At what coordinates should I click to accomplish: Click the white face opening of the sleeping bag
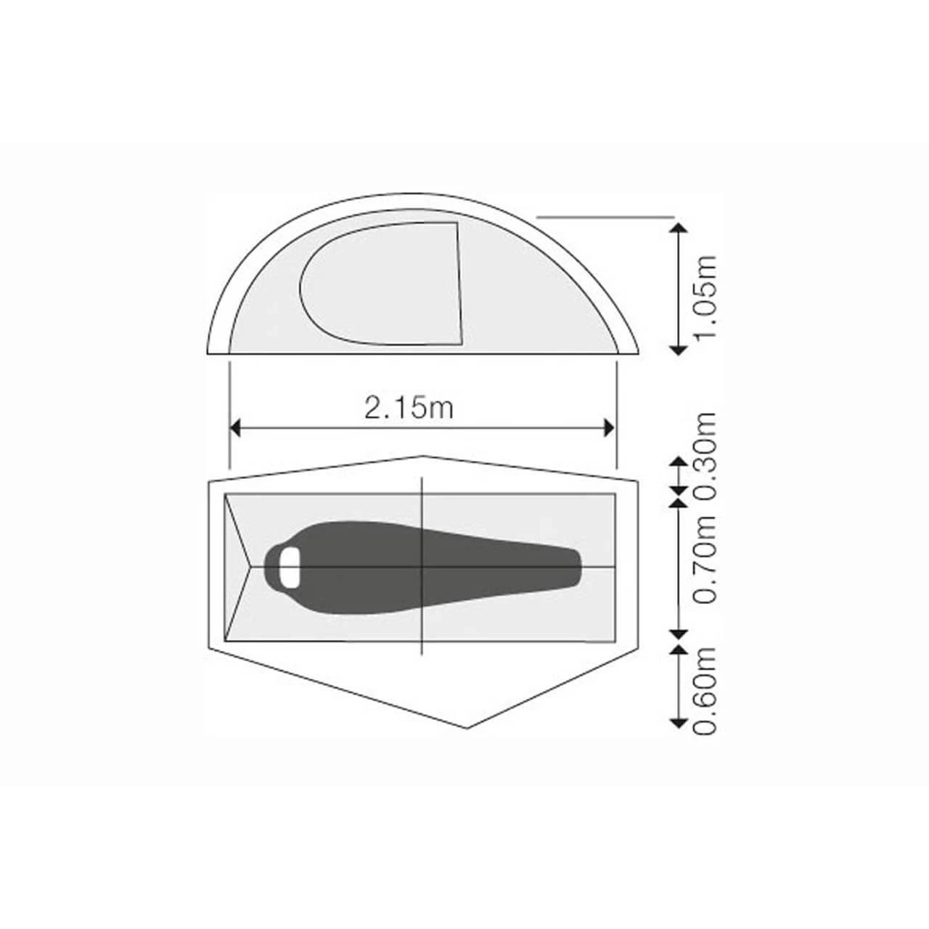coord(290,568)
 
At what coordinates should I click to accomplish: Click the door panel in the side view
coord(381,284)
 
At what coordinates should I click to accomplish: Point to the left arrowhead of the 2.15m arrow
coord(234,427)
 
